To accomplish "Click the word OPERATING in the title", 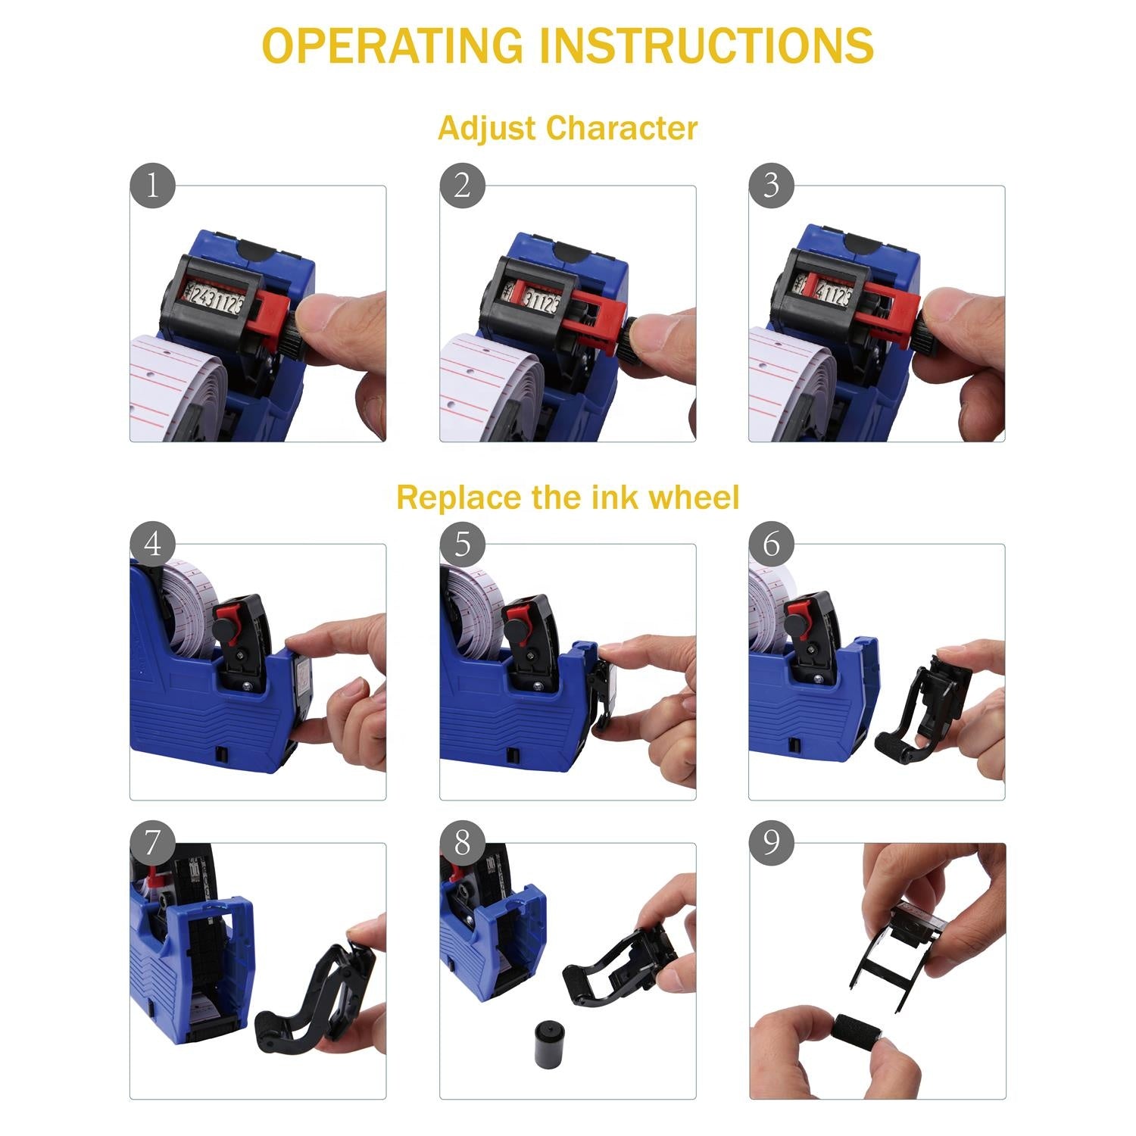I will [392, 45].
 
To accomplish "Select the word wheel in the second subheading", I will [694, 498].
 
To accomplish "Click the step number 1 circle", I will [152, 186].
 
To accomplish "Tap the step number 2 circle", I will [462, 186].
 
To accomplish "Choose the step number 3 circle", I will [771, 186].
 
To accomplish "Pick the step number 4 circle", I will [152, 544].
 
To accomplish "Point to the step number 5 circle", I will [462, 544].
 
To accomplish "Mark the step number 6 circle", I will [771, 544].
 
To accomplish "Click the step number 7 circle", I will [152, 842].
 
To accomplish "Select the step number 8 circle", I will [462, 842].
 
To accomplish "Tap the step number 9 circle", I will [771, 842].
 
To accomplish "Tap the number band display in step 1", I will [214, 300].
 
